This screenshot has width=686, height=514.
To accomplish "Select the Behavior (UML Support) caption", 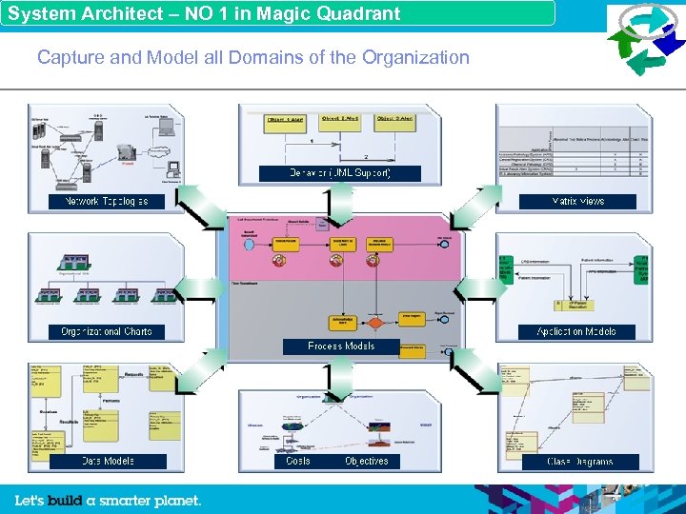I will point(340,173).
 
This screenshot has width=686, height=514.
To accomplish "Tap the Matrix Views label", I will point(577,202).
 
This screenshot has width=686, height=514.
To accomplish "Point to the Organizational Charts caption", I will point(106,331).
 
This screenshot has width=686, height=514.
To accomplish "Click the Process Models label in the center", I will point(340,346).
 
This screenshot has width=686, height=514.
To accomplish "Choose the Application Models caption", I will point(577,331).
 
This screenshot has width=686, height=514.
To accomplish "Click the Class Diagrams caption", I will point(579,462).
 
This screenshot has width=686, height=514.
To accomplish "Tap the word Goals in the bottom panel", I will point(297,461).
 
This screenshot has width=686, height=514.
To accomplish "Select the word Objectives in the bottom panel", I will point(366,461).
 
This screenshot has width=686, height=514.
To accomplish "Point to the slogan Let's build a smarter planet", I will point(108,500).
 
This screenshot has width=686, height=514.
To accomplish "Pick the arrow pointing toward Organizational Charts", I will point(200,288).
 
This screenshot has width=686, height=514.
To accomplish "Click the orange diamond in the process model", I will point(375,323).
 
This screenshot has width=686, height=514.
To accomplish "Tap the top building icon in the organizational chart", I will point(75,261).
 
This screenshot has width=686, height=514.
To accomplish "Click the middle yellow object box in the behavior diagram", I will point(340,123).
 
